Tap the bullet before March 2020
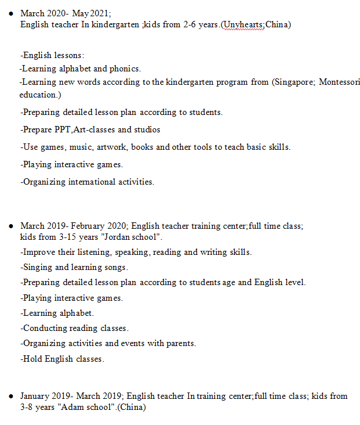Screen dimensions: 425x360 click(10, 12)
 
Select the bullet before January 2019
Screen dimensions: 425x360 click(10, 396)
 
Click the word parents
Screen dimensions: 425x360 click(181, 343)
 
